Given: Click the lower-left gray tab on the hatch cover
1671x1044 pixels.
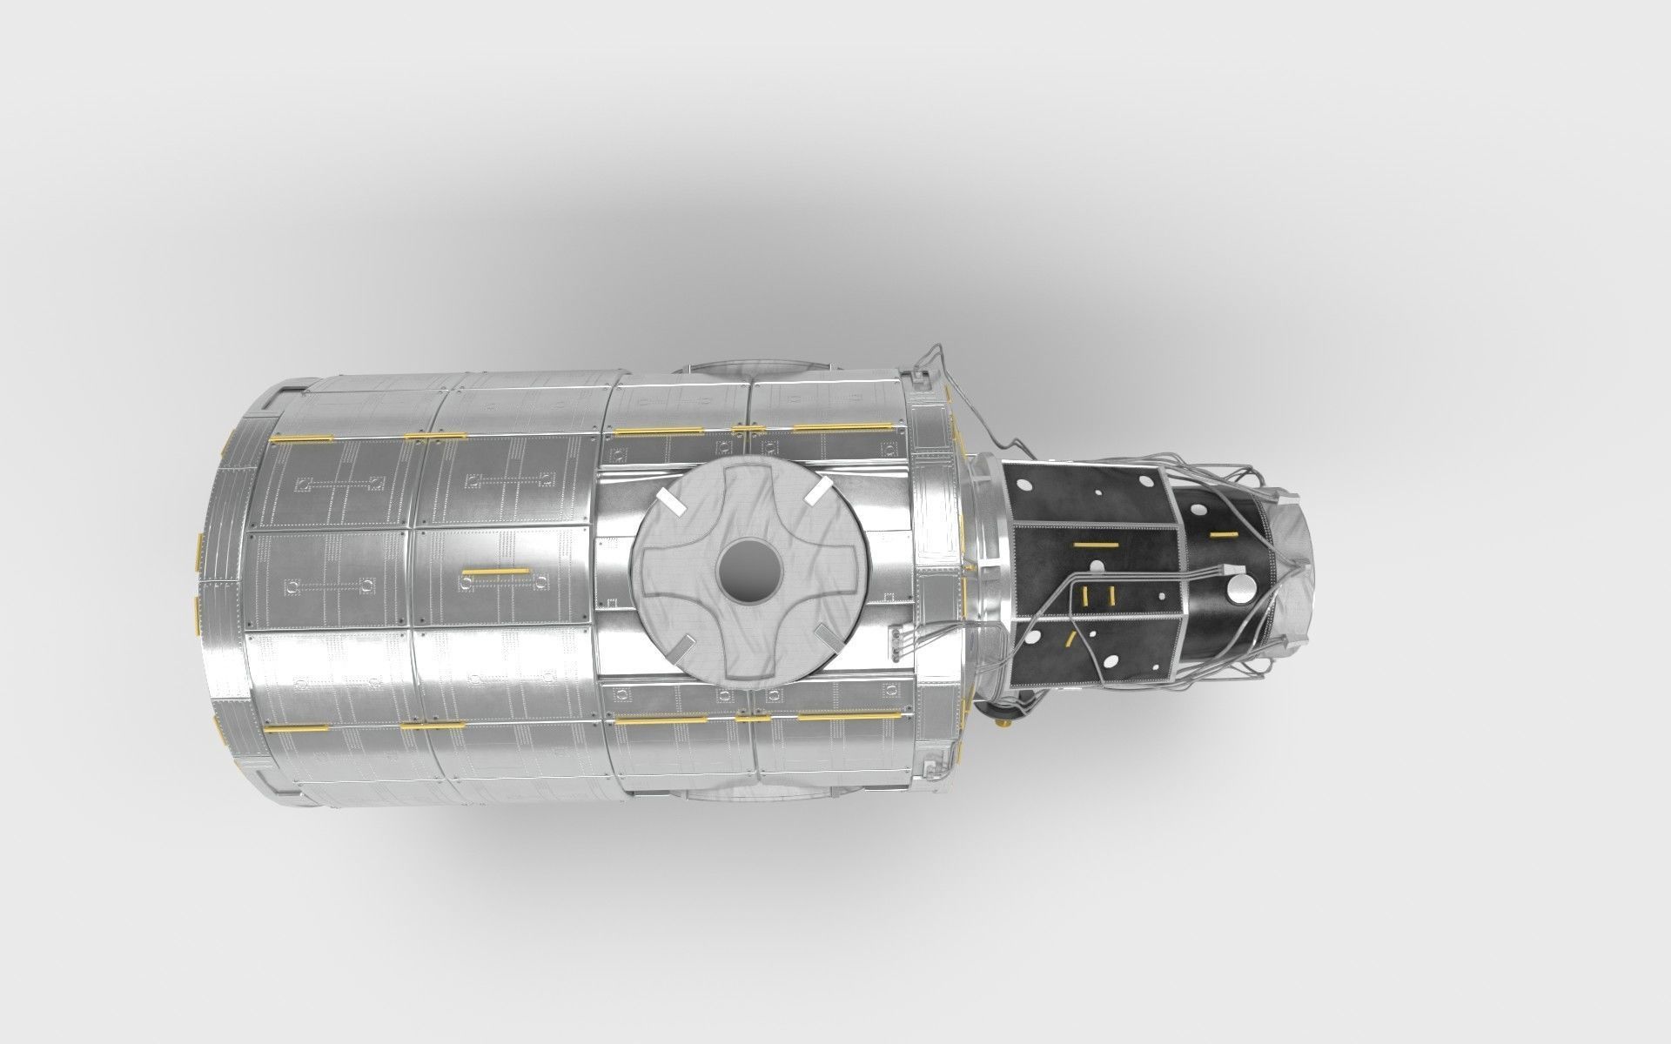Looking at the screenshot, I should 680,647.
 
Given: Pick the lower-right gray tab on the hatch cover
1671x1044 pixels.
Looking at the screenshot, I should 829,639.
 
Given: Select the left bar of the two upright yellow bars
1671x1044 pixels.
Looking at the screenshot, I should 1085,594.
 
